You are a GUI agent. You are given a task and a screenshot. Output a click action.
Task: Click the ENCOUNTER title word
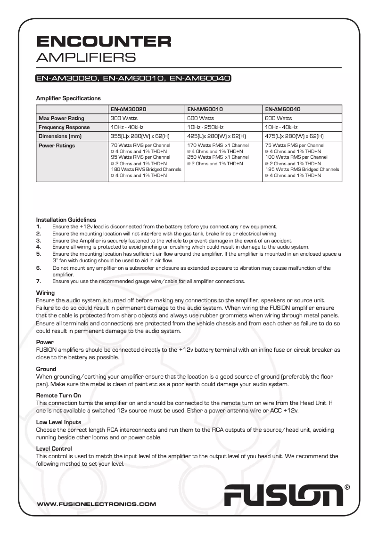pyautogui.click(x=104, y=41)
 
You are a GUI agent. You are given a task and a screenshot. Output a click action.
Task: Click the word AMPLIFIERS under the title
pyautogui.click(x=86, y=57)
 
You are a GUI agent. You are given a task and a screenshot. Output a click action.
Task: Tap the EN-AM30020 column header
pyautogui.click(x=128, y=109)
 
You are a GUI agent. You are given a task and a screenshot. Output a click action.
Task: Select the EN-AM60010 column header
pyautogui.click(x=205, y=109)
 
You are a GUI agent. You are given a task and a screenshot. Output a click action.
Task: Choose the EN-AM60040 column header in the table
pyautogui.click(x=283, y=109)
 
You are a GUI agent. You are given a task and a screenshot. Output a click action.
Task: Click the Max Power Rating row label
pyautogui.click(x=61, y=118)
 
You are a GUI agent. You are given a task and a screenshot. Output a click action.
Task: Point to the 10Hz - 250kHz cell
pyautogui.click(x=205, y=127)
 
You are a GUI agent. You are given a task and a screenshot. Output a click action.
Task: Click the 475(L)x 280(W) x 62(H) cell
pyautogui.click(x=295, y=136)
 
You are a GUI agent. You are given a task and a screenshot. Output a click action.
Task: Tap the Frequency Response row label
pyautogui.click(x=64, y=127)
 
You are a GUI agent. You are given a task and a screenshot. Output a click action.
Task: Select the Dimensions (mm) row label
pyautogui.click(x=60, y=136)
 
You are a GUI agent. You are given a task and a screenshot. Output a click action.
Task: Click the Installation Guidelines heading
pyautogui.click(x=66, y=219)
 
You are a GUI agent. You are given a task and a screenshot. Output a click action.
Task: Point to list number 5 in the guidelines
pyautogui.click(x=39, y=254)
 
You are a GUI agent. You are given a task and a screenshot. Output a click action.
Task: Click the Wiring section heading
pyautogui.click(x=45, y=293)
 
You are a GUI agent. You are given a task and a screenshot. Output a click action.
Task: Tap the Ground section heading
pyautogui.click(x=46, y=369)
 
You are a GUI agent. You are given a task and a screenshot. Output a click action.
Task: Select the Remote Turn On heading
pyautogui.click(x=58, y=396)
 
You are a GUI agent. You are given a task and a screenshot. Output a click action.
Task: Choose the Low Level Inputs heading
pyautogui.click(x=58, y=422)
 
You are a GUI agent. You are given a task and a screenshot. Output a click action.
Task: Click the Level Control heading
pyautogui.click(x=54, y=449)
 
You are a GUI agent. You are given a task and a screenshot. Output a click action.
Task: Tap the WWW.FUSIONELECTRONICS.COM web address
pyautogui.click(x=96, y=504)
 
